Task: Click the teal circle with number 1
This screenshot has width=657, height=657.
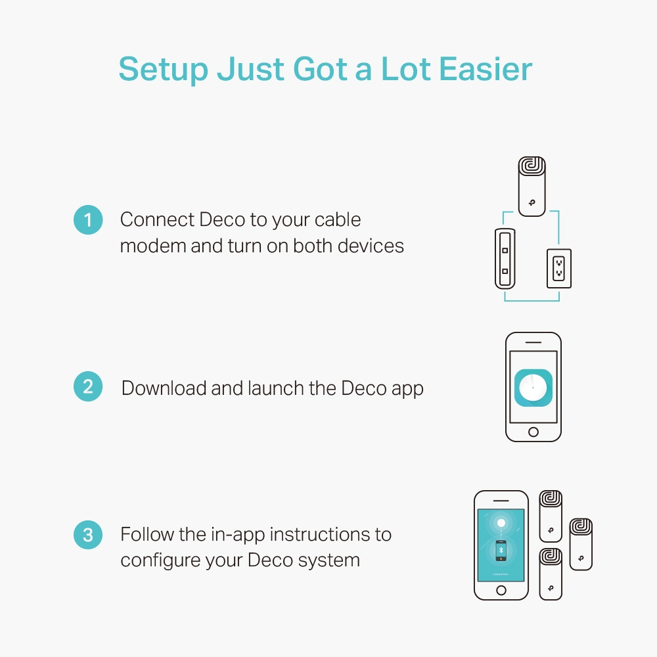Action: [x=88, y=219]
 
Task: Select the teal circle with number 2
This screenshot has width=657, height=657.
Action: [x=88, y=387]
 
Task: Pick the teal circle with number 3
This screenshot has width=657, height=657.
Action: [x=88, y=535]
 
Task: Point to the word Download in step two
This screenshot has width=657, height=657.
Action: [x=164, y=388]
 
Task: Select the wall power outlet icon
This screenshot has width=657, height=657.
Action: [x=558, y=269]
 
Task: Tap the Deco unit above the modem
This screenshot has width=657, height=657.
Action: [x=532, y=187]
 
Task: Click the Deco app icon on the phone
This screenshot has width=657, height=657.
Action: [x=533, y=387]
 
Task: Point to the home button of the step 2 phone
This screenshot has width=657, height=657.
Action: [x=533, y=432]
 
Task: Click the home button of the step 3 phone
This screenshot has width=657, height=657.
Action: [x=501, y=590]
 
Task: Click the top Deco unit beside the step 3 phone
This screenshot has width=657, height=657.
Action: [x=551, y=516]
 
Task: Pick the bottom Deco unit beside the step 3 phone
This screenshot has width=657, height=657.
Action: [x=551, y=574]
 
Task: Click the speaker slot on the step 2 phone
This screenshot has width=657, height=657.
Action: [x=533, y=342]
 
